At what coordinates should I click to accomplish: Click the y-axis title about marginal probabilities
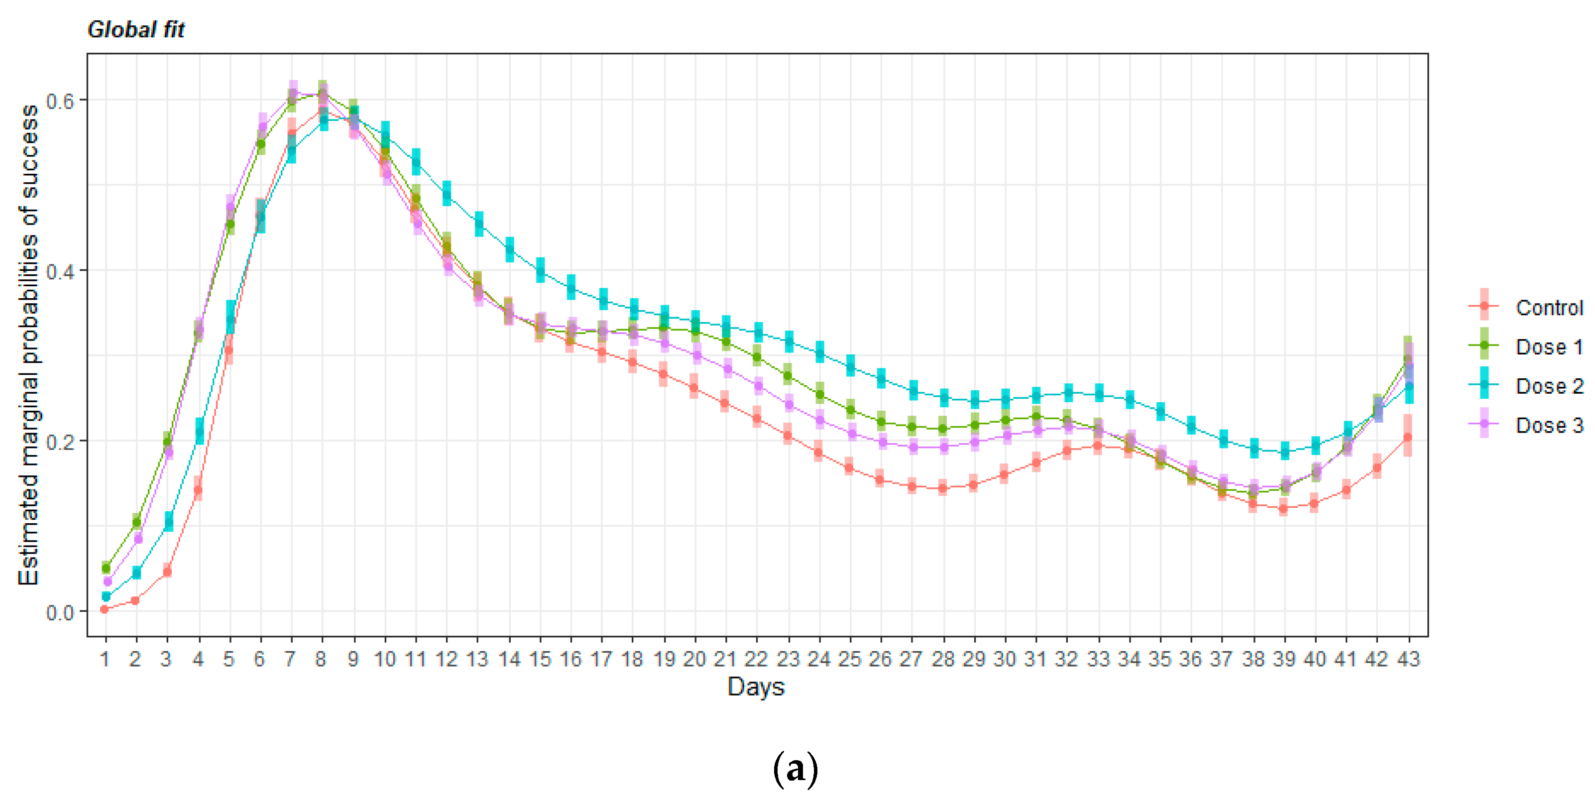(x=28, y=344)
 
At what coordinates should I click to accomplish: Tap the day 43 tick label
(x=1408, y=660)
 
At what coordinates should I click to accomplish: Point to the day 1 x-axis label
(x=105, y=660)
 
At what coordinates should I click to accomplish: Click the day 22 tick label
(x=756, y=660)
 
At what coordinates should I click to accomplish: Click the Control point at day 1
(x=105, y=609)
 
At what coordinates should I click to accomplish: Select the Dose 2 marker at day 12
(x=447, y=194)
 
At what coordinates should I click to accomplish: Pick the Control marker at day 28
(x=942, y=488)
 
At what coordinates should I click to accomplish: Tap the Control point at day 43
(x=1407, y=437)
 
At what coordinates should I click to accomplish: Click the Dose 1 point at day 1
(x=106, y=568)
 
